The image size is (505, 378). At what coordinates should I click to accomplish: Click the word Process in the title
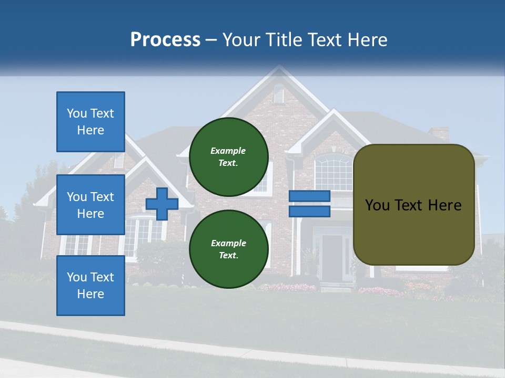tap(165, 40)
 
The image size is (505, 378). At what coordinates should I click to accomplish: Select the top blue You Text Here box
tap(90, 122)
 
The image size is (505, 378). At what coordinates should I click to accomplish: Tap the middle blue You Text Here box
tap(90, 205)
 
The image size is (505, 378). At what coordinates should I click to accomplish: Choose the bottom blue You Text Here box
tap(90, 286)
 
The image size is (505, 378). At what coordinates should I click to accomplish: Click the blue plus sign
tap(162, 204)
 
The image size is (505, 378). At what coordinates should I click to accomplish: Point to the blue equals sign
tap(309, 204)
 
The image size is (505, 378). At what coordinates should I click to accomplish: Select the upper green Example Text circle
tap(228, 156)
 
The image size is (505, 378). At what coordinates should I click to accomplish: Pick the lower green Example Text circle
tap(228, 249)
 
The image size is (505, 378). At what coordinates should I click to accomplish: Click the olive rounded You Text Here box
tap(413, 205)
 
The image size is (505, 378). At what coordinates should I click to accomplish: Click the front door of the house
tap(332, 257)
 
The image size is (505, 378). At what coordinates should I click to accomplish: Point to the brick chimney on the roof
tap(439, 133)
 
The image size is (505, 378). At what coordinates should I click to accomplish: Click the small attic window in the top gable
tap(278, 94)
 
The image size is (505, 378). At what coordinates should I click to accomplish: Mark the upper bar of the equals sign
tap(309, 196)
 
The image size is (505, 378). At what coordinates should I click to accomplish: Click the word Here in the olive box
tap(445, 205)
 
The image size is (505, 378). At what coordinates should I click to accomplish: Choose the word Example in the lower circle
tap(228, 243)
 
